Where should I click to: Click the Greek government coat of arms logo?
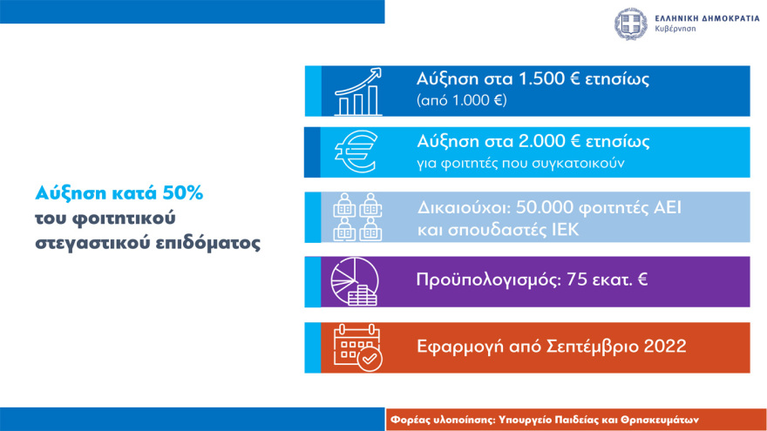(631, 24)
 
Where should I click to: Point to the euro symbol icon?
(356, 152)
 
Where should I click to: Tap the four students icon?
(357, 217)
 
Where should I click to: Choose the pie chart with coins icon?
(356, 281)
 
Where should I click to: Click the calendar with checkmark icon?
(357, 346)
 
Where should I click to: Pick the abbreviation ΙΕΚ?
(560, 230)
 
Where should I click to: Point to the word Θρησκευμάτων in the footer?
(662, 420)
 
